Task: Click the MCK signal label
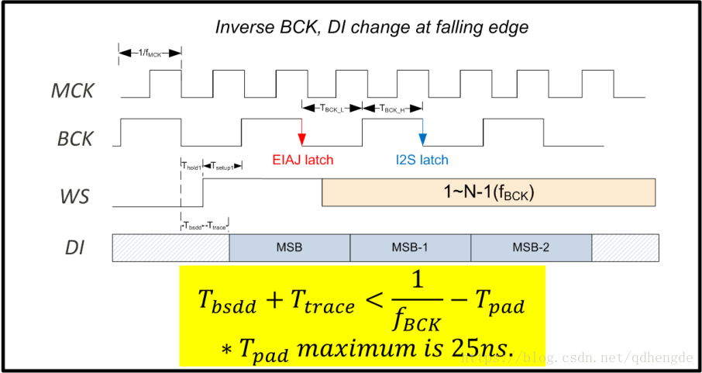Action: click(x=73, y=91)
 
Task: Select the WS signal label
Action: click(x=75, y=196)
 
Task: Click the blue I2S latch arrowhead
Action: click(x=422, y=140)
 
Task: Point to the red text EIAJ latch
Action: click(x=302, y=161)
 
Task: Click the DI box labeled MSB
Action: click(x=289, y=247)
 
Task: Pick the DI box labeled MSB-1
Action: click(x=410, y=247)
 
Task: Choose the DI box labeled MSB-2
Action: click(x=531, y=247)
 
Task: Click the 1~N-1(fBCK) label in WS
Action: click(x=488, y=192)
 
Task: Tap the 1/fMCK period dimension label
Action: click(x=150, y=53)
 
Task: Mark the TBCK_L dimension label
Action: click(x=331, y=108)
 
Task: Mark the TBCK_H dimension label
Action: click(x=392, y=108)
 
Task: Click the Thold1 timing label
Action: click(x=191, y=166)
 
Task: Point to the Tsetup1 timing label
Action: click(x=222, y=166)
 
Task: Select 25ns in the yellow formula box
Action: click(x=487, y=350)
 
